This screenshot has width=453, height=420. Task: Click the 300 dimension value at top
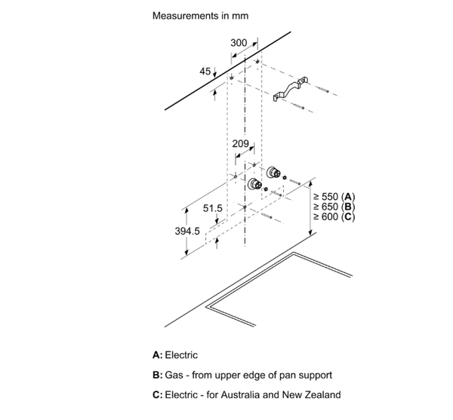[238, 43]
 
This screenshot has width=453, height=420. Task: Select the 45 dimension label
[205, 71]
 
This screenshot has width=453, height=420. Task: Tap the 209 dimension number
[241, 143]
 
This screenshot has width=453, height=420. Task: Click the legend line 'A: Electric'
[176, 354]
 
